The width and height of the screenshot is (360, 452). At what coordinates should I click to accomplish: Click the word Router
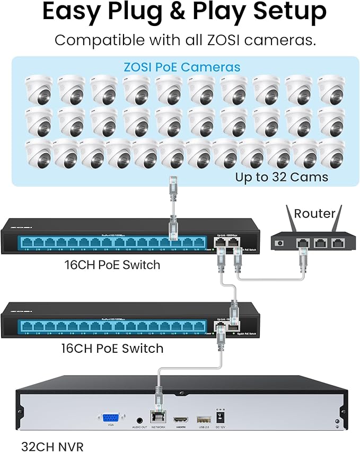point(315,213)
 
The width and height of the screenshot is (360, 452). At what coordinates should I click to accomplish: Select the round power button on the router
point(282,244)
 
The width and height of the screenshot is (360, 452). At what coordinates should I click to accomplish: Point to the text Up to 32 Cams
point(282,177)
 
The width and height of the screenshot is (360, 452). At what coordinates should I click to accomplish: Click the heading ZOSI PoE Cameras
point(182,67)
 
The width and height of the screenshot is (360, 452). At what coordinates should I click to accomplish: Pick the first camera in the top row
point(38,90)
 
